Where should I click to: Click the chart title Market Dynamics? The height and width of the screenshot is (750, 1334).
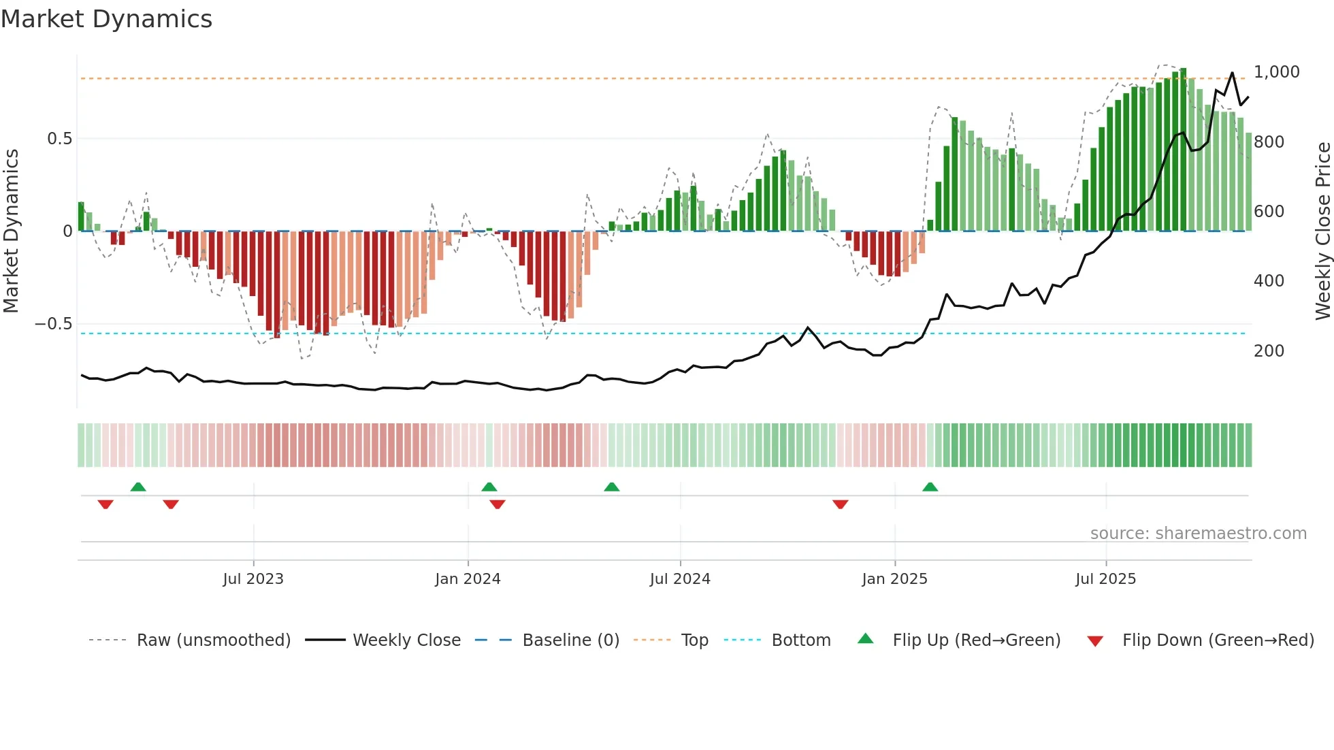point(107,19)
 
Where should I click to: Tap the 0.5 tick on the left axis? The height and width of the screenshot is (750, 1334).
point(59,139)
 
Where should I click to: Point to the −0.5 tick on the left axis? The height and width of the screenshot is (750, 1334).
point(53,324)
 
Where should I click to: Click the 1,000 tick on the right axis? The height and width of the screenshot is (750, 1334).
point(1276,72)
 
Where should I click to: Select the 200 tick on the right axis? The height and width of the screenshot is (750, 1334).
point(1269,351)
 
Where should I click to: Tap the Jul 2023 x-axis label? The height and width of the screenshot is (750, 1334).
point(253,579)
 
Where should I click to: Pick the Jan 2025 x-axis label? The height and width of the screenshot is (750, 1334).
point(894,579)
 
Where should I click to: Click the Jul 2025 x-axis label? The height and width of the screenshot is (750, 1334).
point(1105,579)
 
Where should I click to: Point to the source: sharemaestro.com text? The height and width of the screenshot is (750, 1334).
point(1198,534)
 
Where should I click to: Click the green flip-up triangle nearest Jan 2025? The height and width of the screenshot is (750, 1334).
point(930,487)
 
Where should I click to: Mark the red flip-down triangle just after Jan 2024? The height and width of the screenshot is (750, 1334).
point(498,504)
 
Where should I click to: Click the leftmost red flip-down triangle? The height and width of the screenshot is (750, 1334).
point(105,504)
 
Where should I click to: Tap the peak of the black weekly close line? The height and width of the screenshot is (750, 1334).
point(1232,74)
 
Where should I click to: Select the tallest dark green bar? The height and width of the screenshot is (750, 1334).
point(1183,150)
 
